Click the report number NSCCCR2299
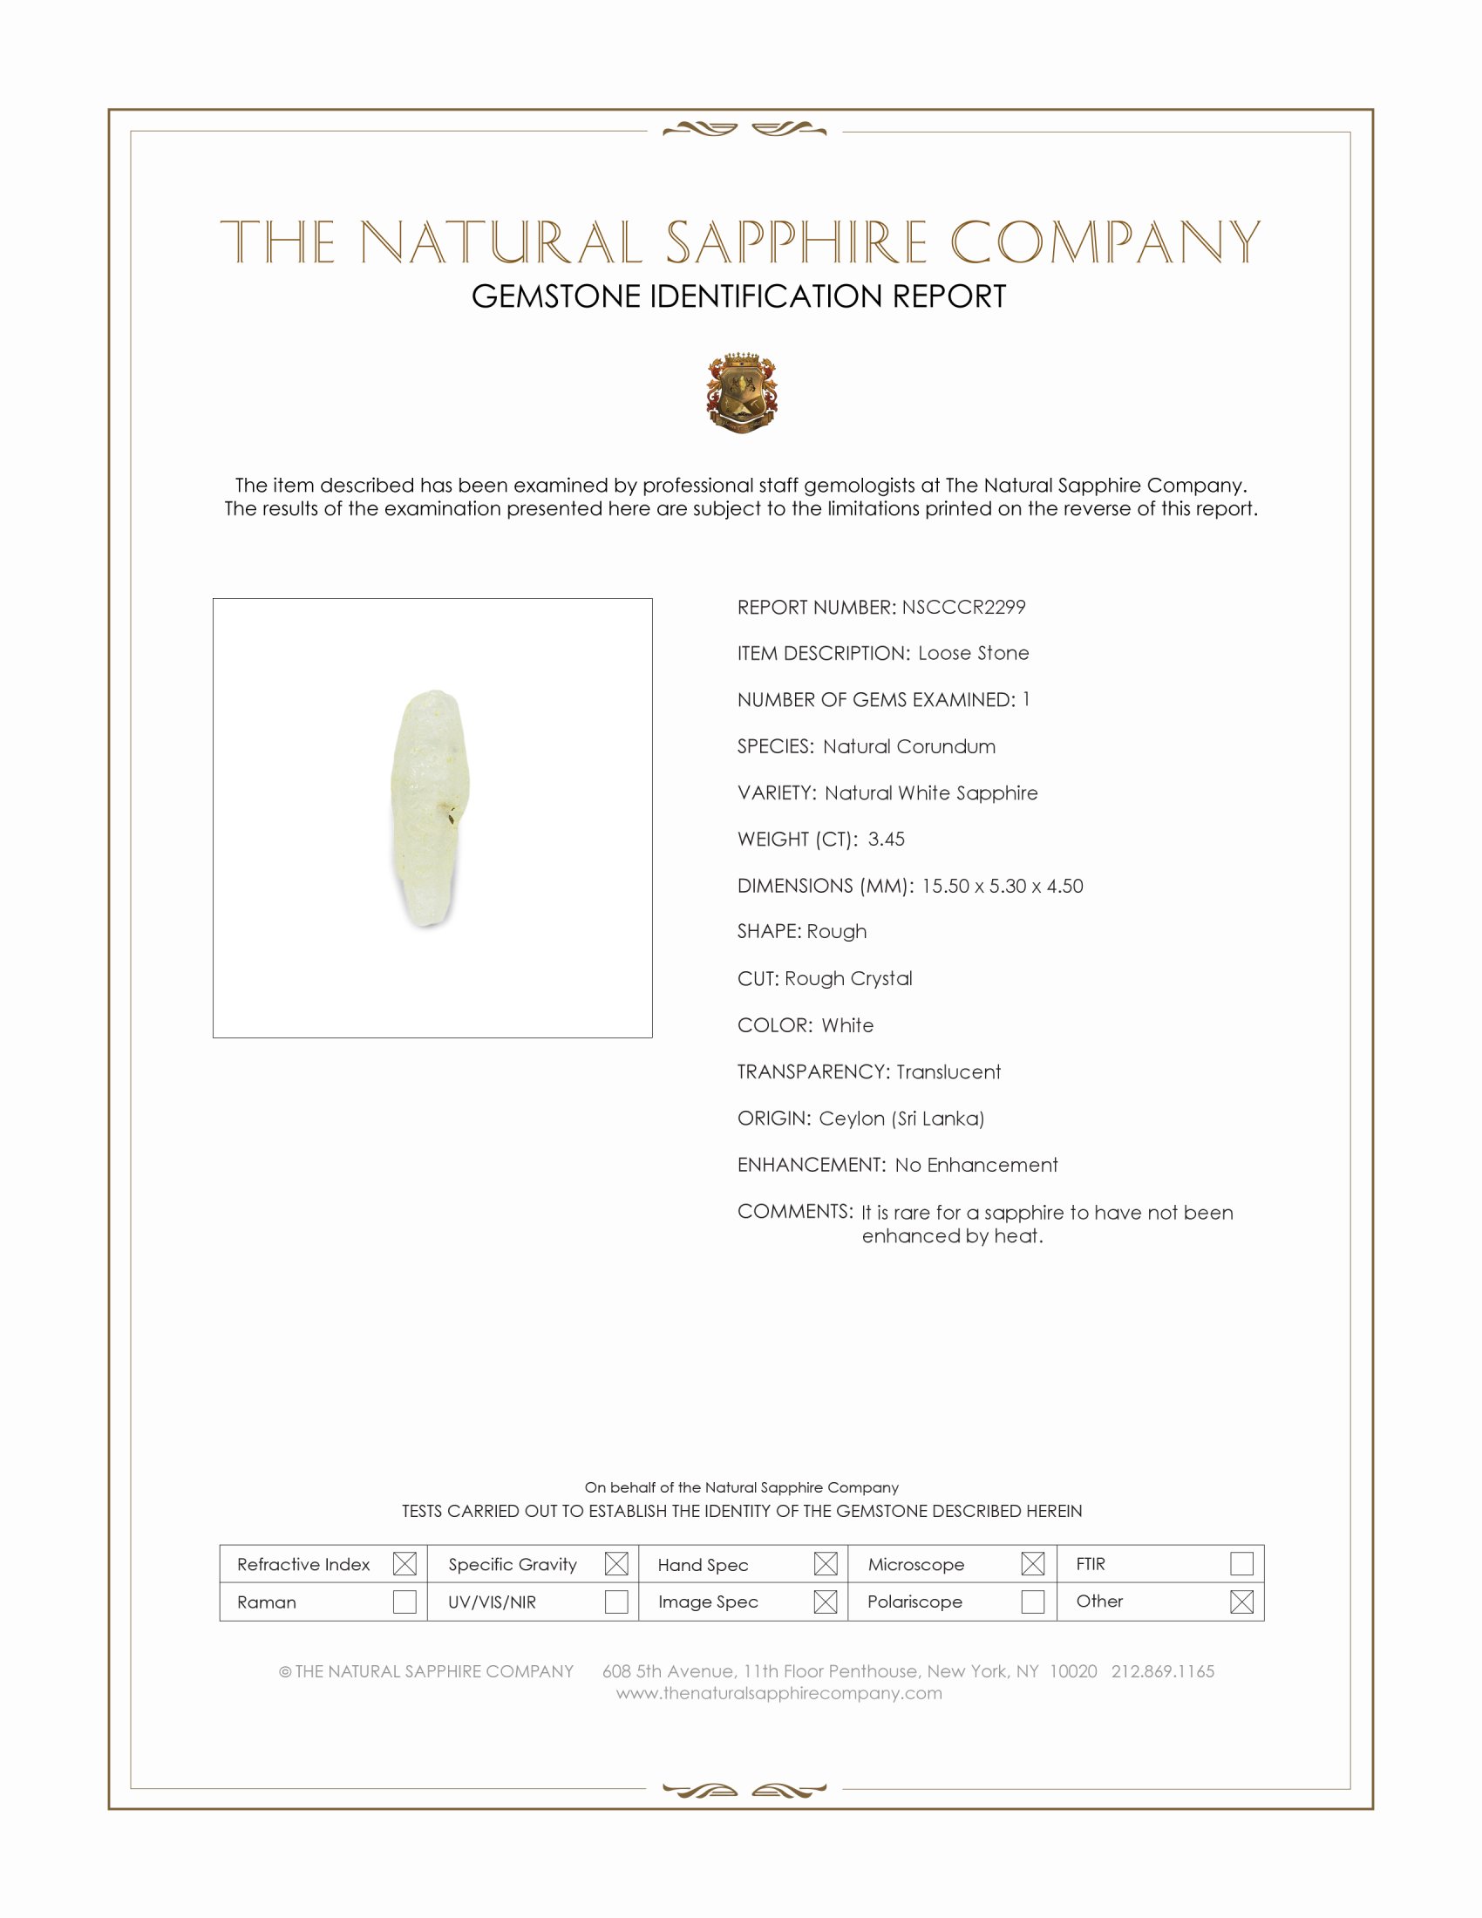[963, 607]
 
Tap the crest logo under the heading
[742, 392]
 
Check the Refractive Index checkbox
[404, 1563]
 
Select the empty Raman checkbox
[404, 1602]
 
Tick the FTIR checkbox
[1241, 1563]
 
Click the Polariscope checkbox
[1033, 1602]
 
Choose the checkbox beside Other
[1241, 1602]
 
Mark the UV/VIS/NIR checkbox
[616, 1602]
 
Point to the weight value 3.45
[886, 839]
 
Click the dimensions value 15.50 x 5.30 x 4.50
[1002, 885]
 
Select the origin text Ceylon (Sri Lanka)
[901, 1118]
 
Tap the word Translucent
[948, 1071]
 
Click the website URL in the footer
[778, 1693]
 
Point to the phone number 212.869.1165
[1162, 1671]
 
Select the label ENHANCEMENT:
[812, 1165]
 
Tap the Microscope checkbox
[1033, 1563]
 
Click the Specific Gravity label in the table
[513, 1564]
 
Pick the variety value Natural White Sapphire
[931, 793]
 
